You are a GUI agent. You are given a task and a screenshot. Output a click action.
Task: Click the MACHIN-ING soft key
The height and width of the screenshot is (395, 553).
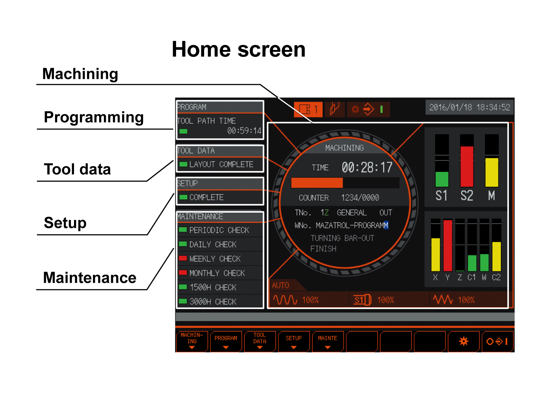pyautogui.click(x=192, y=341)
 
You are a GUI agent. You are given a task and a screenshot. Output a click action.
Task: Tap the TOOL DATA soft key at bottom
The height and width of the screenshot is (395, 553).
pyautogui.click(x=260, y=341)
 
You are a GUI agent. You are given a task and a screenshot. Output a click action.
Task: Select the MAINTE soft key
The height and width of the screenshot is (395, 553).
pyautogui.click(x=328, y=341)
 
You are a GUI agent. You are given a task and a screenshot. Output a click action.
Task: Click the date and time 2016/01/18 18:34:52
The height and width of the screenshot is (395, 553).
pyautogui.click(x=470, y=108)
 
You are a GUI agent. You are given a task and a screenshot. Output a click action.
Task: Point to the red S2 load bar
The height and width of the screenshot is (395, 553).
pyautogui.click(x=467, y=166)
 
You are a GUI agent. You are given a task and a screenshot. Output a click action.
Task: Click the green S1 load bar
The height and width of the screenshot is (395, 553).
pyautogui.click(x=442, y=179)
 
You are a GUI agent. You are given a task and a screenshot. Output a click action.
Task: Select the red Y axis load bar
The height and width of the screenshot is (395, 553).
pyautogui.click(x=448, y=245)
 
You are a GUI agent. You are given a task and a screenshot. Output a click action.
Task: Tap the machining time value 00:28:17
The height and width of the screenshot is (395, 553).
pyautogui.click(x=367, y=167)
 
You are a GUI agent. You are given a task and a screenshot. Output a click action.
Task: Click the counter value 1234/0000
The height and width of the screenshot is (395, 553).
pyautogui.click(x=360, y=198)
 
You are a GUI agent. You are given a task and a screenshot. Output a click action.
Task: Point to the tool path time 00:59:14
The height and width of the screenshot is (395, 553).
pyautogui.click(x=244, y=131)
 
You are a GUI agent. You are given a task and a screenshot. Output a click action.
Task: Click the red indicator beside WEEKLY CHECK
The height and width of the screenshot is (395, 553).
pyautogui.click(x=183, y=258)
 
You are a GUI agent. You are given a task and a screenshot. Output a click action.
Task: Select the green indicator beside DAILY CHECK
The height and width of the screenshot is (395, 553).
pyautogui.click(x=183, y=244)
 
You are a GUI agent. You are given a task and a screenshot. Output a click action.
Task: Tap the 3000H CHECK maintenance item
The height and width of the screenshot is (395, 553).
pyautogui.click(x=213, y=302)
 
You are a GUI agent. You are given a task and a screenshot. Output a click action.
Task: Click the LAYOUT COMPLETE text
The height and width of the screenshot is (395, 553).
pyautogui.click(x=221, y=164)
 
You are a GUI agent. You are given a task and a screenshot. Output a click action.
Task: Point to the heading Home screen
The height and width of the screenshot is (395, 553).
pyautogui.click(x=238, y=49)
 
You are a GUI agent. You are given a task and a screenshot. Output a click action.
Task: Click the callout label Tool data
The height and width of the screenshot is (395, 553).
pyautogui.click(x=77, y=170)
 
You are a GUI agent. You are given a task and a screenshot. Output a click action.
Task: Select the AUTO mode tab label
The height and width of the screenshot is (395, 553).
pyautogui.click(x=280, y=285)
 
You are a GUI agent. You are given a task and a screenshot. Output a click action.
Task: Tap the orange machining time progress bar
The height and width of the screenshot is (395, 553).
pyautogui.click(x=317, y=183)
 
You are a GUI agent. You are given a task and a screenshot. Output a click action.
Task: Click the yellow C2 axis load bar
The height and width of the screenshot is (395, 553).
pyautogui.click(x=496, y=257)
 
